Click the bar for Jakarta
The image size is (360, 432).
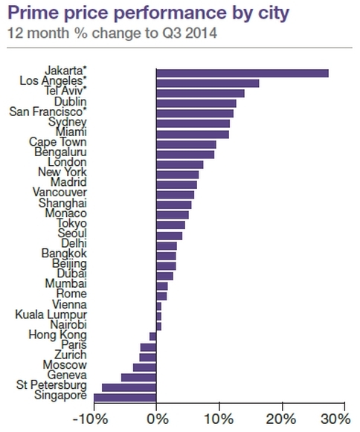[242, 74]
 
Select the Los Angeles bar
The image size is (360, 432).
[208, 83]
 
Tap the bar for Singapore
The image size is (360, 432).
[125, 398]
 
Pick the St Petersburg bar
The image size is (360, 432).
[129, 387]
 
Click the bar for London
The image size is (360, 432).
[180, 164]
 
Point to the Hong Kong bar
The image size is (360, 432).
[153, 337]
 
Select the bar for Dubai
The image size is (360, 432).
[164, 276]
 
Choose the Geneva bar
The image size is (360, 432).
[138, 378]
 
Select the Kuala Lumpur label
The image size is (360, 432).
[51, 315]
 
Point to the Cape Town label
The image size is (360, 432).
[58, 142]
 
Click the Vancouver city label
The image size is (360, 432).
[60, 192]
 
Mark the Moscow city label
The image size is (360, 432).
[65, 365]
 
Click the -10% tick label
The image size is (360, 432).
[90, 419]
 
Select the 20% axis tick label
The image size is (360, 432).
[281, 419]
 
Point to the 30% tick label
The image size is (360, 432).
[335, 419]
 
